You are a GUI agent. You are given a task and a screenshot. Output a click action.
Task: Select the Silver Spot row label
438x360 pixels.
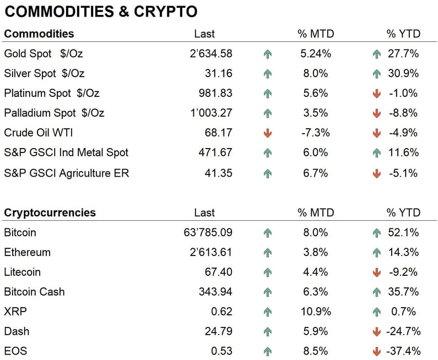[x=44, y=74]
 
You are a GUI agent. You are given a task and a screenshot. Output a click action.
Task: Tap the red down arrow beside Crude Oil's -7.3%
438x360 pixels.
[x=268, y=133]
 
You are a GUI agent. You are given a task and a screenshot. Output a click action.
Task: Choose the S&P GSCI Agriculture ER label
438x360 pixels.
[x=66, y=173]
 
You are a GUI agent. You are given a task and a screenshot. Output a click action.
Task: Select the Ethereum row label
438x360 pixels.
[x=27, y=253]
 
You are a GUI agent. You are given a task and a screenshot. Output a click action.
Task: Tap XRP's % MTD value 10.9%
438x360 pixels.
[x=317, y=312]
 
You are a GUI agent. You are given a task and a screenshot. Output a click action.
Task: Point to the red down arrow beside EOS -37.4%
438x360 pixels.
[x=377, y=352]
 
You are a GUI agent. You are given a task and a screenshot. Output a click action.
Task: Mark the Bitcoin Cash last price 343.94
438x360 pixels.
[x=215, y=292]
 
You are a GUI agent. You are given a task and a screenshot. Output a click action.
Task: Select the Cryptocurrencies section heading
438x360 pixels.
[x=50, y=213]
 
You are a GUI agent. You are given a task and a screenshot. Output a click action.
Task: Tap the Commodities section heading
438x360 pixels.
[x=39, y=34]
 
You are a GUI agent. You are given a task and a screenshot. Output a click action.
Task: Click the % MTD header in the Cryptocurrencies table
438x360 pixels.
[x=315, y=213]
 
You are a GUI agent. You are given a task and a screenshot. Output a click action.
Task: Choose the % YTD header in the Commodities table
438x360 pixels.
[x=403, y=34]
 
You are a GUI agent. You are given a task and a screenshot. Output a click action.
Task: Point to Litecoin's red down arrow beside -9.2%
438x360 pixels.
[x=377, y=272]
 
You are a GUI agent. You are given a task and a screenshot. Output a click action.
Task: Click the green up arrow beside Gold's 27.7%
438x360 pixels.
[x=377, y=54]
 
